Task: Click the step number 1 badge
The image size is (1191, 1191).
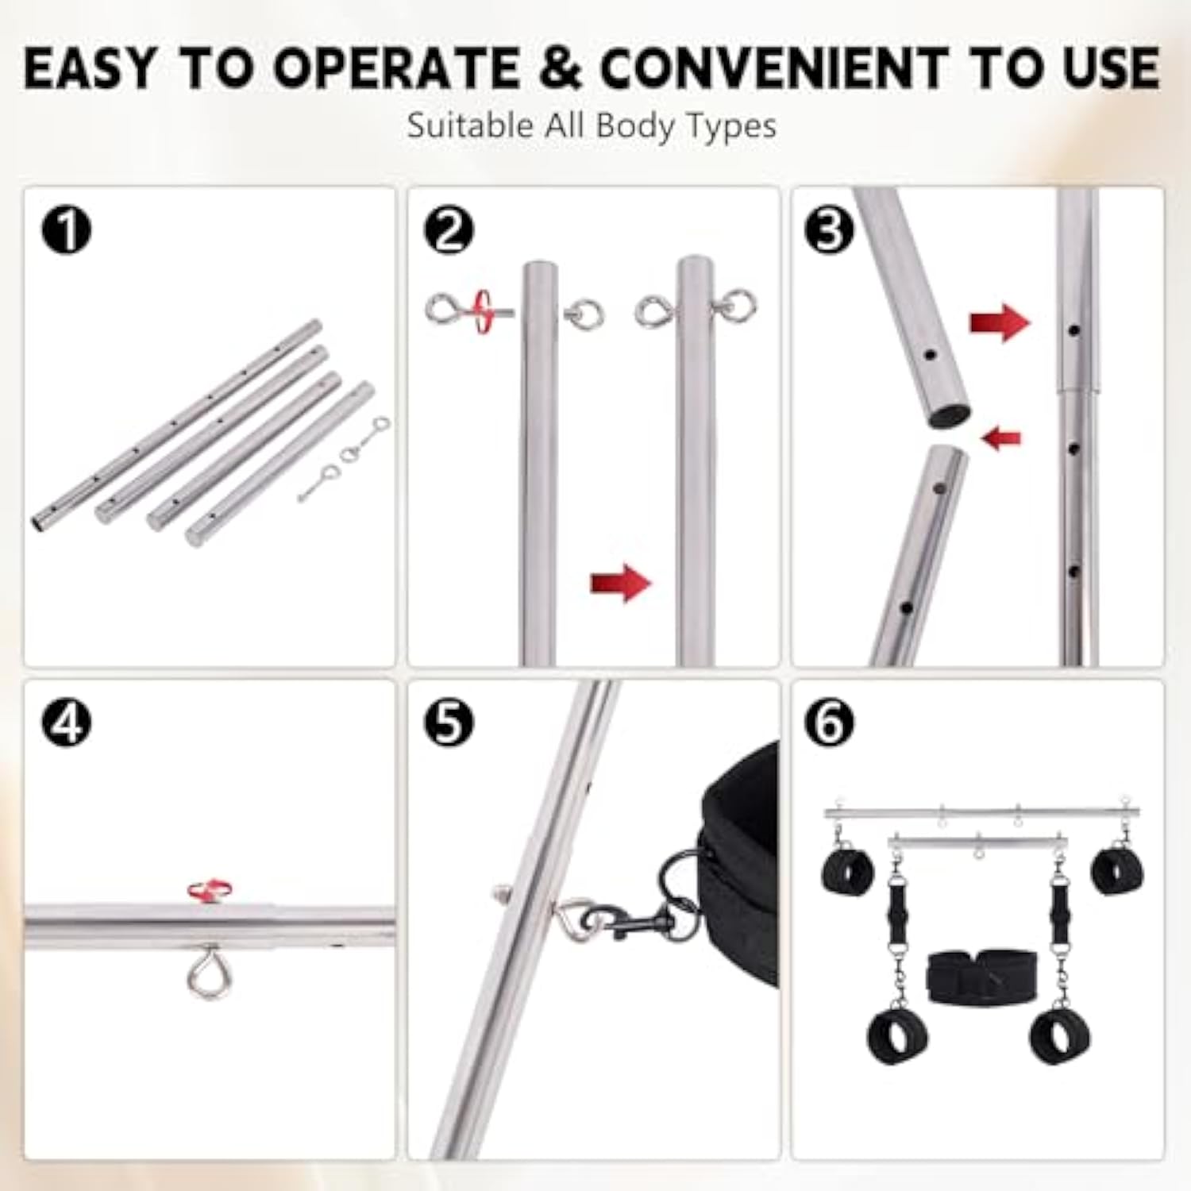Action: click(x=67, y=229)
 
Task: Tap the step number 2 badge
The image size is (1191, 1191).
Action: click(x=449, y=229)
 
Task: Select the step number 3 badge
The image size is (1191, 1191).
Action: click(x=831, y=229)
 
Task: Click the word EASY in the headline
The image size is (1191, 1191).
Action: click(x=91, y=68)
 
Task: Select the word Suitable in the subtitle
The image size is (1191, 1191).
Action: click(x=470, y=125)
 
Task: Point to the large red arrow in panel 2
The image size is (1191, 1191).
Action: click(x=621, y=584)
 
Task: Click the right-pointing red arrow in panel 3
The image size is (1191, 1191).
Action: click(x=1000, y=322)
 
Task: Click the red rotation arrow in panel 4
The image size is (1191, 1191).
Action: click(x=210, y=890)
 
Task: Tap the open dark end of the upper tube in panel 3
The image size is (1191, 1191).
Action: click(x=950, y=414)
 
